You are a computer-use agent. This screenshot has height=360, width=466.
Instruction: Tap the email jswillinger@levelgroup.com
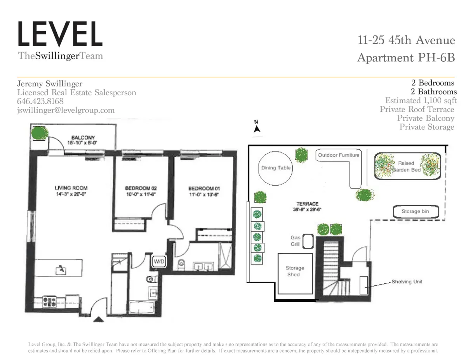point(66,110)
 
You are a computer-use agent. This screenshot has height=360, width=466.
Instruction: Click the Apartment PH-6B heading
point(405,58)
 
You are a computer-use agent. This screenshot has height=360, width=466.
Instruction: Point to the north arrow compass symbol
point(256,128)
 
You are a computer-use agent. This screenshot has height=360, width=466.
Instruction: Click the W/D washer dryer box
point(159,262)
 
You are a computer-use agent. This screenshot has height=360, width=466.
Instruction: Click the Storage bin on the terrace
point(416,212)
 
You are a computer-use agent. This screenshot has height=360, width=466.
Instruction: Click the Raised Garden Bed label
point(407,167)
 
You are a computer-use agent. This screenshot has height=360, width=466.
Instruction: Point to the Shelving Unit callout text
point(407,282)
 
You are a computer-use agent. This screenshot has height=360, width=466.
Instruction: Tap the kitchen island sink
point(61,269)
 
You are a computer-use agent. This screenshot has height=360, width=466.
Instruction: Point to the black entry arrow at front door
point(99,320)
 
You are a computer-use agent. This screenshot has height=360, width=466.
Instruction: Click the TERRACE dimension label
point(307,209)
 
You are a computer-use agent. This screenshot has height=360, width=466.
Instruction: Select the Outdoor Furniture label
point(339,155)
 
